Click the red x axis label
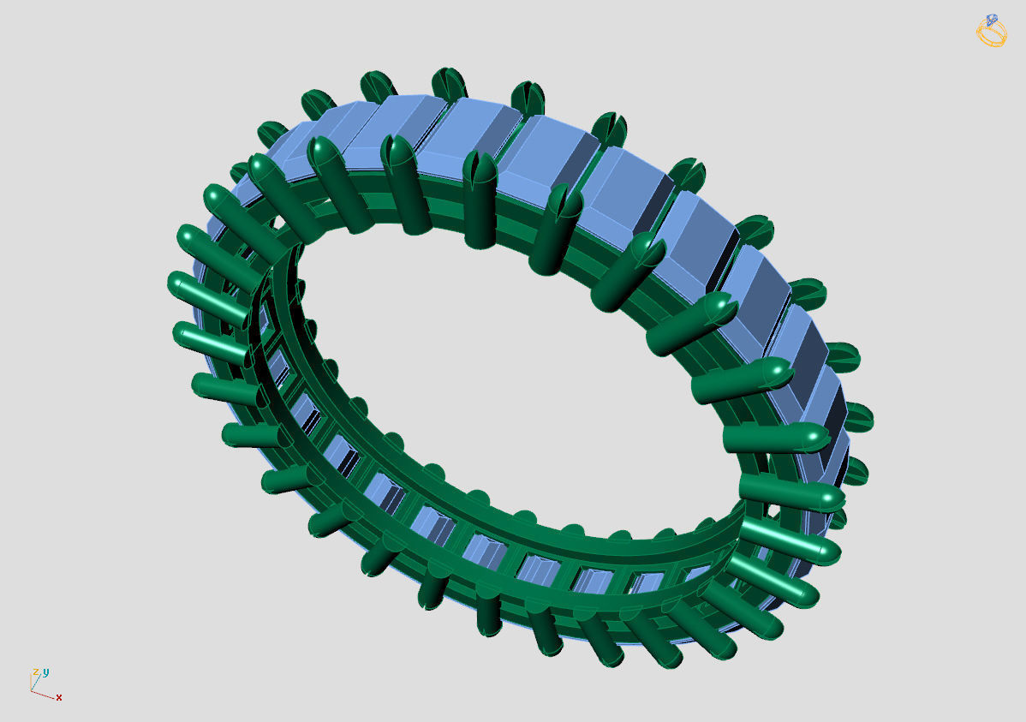[59, 697]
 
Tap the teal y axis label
[45, 671]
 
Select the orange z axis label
[36, 673]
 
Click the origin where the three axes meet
[31, 690]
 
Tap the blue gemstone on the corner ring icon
[992, 19]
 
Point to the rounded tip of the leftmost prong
[178, 282]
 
